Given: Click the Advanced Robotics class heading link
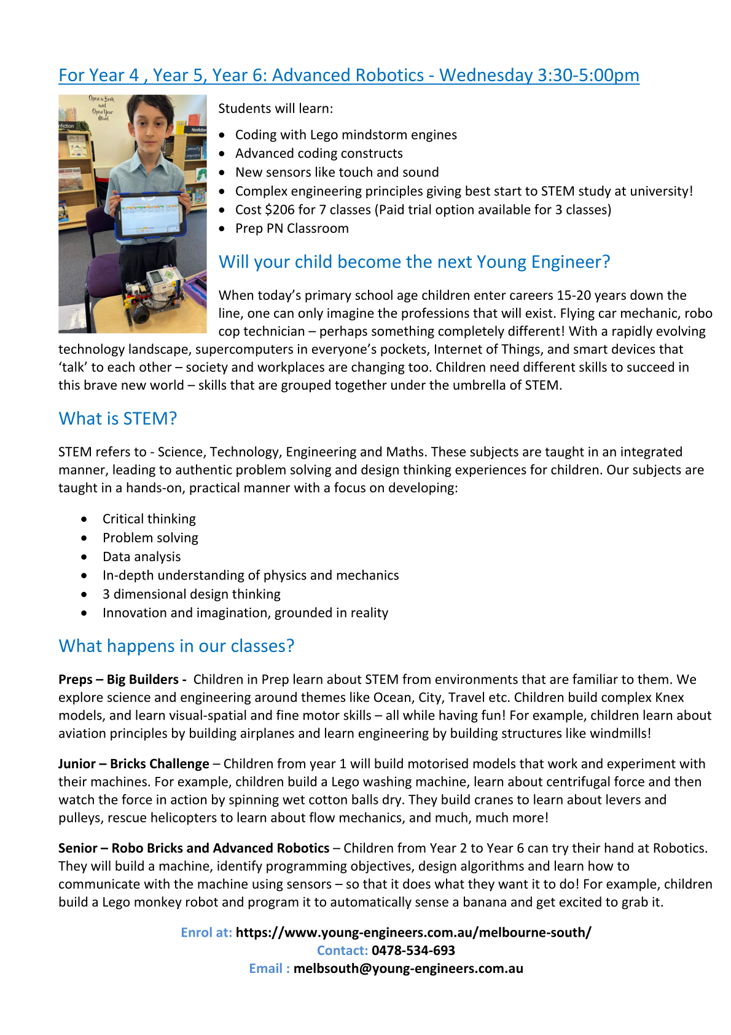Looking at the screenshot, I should click(348, 76).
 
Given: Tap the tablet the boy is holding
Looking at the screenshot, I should click(150, 216).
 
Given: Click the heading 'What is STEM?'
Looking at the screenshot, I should click(117, 419).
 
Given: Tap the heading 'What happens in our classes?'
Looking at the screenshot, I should click(176, 646).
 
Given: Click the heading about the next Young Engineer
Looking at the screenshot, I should click(414, 262).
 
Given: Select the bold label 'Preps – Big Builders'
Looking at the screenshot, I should click(122, 680).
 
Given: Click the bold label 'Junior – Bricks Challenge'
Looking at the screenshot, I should click(133, 764).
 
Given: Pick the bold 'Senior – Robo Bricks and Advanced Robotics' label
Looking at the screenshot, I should click(193, 848).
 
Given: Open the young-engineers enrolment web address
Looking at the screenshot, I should click(413, 932).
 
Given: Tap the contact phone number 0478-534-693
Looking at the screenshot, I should click(413, 950).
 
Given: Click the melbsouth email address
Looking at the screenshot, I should click(408, 969).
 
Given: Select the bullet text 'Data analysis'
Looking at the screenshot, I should click(141, 557).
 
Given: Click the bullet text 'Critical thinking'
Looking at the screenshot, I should click(149, 519).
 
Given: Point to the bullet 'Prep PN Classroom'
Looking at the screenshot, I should click(292, 229).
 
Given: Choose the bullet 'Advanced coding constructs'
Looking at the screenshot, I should click(319, 154).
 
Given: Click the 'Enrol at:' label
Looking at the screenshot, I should click(206, 932).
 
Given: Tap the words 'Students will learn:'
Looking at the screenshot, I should click(275, 109).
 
